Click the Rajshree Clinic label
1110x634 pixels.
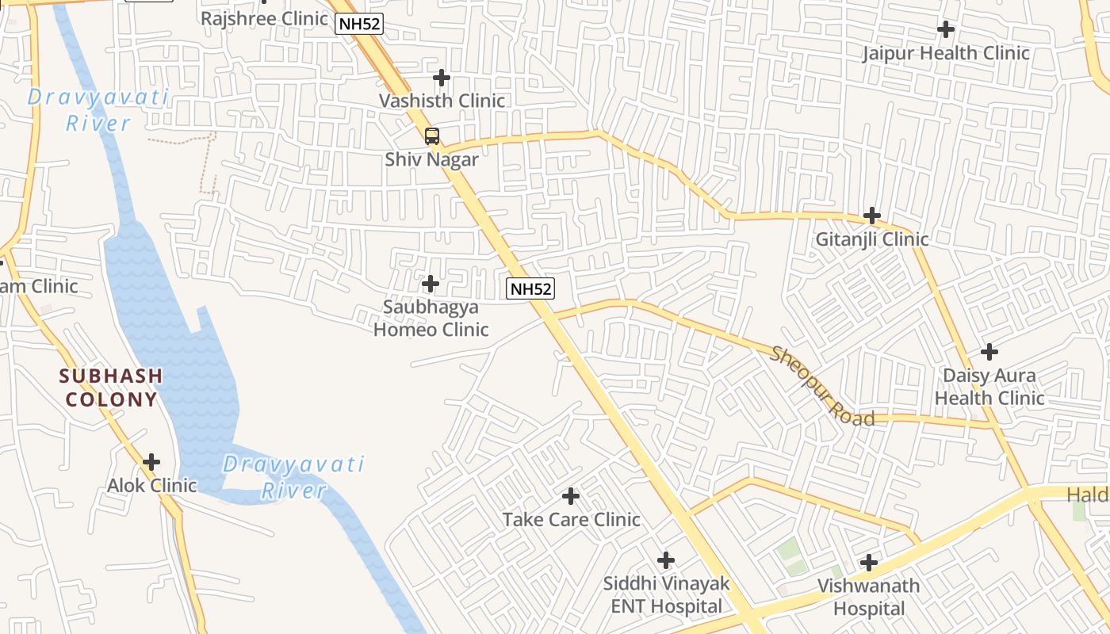click(264, 18)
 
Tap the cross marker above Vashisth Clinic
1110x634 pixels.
click(442, 78)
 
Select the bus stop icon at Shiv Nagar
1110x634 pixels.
click(432, 136)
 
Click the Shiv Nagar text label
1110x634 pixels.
click(432, 159)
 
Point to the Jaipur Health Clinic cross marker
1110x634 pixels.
click(945, 30)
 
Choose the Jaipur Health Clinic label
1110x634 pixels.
click(946, 53)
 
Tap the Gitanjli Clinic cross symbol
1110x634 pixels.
click(872, 215)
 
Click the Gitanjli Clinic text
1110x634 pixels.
click(872, 239)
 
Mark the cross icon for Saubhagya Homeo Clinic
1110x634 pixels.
click(431, 283)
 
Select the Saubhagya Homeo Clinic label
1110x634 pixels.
click(431, 318)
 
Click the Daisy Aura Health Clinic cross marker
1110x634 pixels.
click(989, 351)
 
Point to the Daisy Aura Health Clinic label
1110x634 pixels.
click(989, 386)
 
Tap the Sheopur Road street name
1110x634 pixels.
click(821, 386)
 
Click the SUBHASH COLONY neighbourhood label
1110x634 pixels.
click(112, 387)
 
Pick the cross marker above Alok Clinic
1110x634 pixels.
click(151, 462)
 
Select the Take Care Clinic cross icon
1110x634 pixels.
click(571, 497)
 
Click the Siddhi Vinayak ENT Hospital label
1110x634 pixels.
click(666, 595)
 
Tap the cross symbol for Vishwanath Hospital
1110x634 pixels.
click(869, 563)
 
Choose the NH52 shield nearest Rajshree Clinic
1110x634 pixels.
click(360, 24)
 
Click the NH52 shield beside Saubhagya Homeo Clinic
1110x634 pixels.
click(530, 288)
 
